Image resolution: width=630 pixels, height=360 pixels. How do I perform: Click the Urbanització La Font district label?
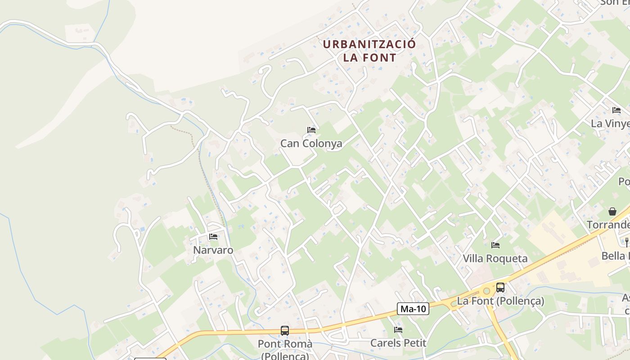point(369,51)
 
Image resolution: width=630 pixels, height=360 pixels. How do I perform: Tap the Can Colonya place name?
point(311,144)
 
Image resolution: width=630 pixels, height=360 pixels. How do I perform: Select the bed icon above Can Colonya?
point(311,130)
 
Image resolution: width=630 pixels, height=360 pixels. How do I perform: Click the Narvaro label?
point(213,250)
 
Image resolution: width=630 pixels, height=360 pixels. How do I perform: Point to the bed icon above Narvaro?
point(213,237)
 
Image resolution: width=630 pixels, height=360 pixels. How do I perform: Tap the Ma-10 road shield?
point(413,309)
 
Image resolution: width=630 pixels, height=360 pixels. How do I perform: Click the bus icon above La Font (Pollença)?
point(500,288)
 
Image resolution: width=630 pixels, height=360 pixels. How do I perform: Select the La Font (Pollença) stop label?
point(500,301)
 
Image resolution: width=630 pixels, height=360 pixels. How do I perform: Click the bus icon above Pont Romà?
point(284,331)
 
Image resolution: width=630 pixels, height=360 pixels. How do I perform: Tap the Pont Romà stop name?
point(285,344)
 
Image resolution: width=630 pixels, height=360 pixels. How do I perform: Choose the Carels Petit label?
point(398,343)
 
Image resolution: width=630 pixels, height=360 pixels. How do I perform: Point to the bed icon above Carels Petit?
point(398,330)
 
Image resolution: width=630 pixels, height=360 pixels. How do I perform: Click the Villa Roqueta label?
point(495,258)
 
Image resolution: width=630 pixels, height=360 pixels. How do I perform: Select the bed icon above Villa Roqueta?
point(495,245)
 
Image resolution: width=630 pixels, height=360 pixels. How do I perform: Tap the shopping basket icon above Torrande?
point(612,211)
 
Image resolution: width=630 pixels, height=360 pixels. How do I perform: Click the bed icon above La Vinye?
point(616,110)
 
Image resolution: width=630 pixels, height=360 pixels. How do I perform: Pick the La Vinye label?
point(610,123)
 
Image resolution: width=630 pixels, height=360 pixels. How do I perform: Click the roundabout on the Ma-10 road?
point(486,291)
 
